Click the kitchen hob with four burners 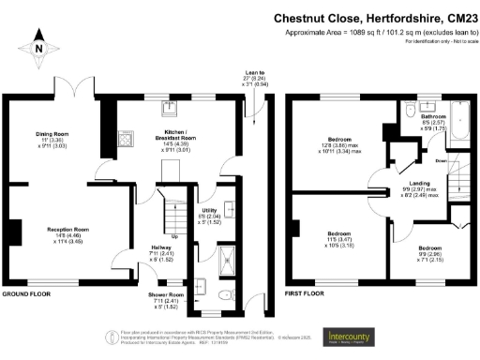click(124, 138)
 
